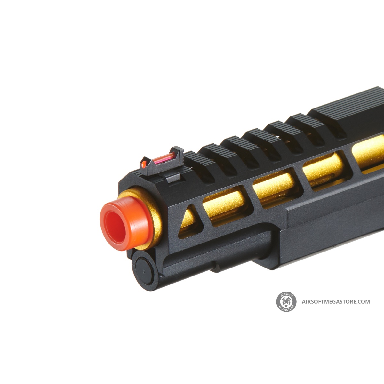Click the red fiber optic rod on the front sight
click(164, 157)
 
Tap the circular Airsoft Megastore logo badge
click(286, 301)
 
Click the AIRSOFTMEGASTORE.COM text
click(336, 301)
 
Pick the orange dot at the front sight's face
click(143, 164)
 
